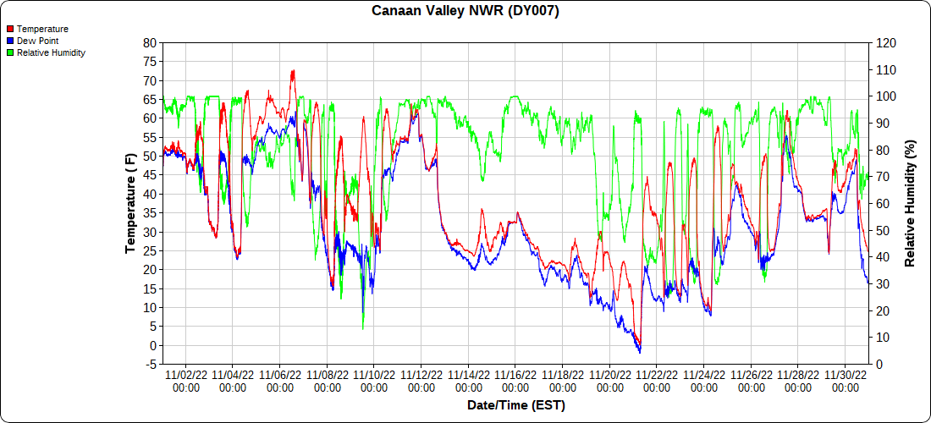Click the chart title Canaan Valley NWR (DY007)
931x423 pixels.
pyautogui.click(x=465, y=11)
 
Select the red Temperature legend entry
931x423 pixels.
pyautogui.click(x=42, y=29)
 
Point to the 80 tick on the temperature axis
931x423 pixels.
pyautogui.click(x=150, y=42)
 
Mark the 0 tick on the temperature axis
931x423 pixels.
pyautogui.click(x=153, y=345)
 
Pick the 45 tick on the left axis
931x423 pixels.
pyautogui.click(x=150, y=175)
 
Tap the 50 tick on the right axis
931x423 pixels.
pyautogui.click(x=882, y=230)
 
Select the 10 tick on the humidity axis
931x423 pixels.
pyautogui.click(x=882, y=338)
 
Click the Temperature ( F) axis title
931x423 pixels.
pyautogui.click(x=130, y=203)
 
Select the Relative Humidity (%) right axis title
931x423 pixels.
pyautogui.click(x=910, y=203)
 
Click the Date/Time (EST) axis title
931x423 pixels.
pyautogui.click(x=515, y=405)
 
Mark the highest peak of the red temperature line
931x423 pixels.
pyautogui.click(x=293, y=71)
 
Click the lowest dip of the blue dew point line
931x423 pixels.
pyautogui.click(x=640, y=352)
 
